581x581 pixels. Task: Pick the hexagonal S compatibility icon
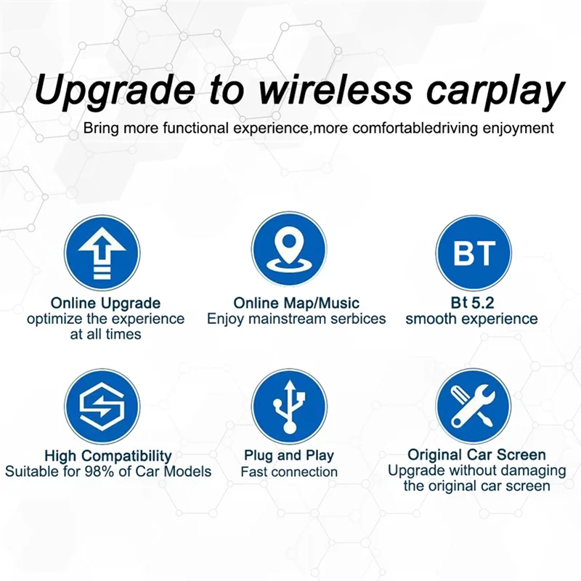pos(102,406)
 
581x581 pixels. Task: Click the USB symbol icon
pos(290,406)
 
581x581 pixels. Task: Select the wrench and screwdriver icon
pos(474,406)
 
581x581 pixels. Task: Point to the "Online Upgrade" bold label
pos(105,303)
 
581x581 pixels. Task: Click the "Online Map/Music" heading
pos(296,303)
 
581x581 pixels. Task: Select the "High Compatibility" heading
pos(108,456)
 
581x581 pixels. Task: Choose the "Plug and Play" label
pos(289,455)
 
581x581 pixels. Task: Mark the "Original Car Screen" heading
pos(476,455)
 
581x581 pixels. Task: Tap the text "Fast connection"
pos(289,472)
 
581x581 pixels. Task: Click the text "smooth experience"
pos(471,319)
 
